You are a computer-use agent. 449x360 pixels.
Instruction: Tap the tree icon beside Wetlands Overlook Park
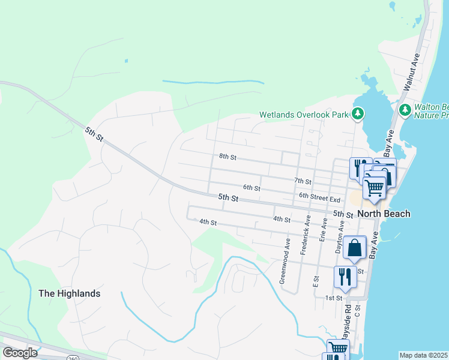(x=358, y=113)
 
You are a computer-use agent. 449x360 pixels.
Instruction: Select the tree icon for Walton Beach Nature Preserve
(x=405, y=110)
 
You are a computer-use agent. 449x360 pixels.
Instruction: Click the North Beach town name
(x=384, y=214)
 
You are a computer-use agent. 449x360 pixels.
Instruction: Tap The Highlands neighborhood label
(x=69, y=293)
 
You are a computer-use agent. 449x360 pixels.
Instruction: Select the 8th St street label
(x=228, y=157)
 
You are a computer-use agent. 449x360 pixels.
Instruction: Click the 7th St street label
(x=303, y=181)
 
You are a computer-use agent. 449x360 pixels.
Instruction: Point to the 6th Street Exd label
(x=319, y=199)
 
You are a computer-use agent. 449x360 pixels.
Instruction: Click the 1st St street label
(x=333, y=298)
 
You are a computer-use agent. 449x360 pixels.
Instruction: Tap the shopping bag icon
(x=355, y=247)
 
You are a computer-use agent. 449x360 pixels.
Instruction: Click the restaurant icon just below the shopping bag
(x=343, y=277)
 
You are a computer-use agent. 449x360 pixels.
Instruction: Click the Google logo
(x=20, y=353)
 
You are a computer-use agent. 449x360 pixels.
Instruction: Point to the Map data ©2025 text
(x=423, y=355)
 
